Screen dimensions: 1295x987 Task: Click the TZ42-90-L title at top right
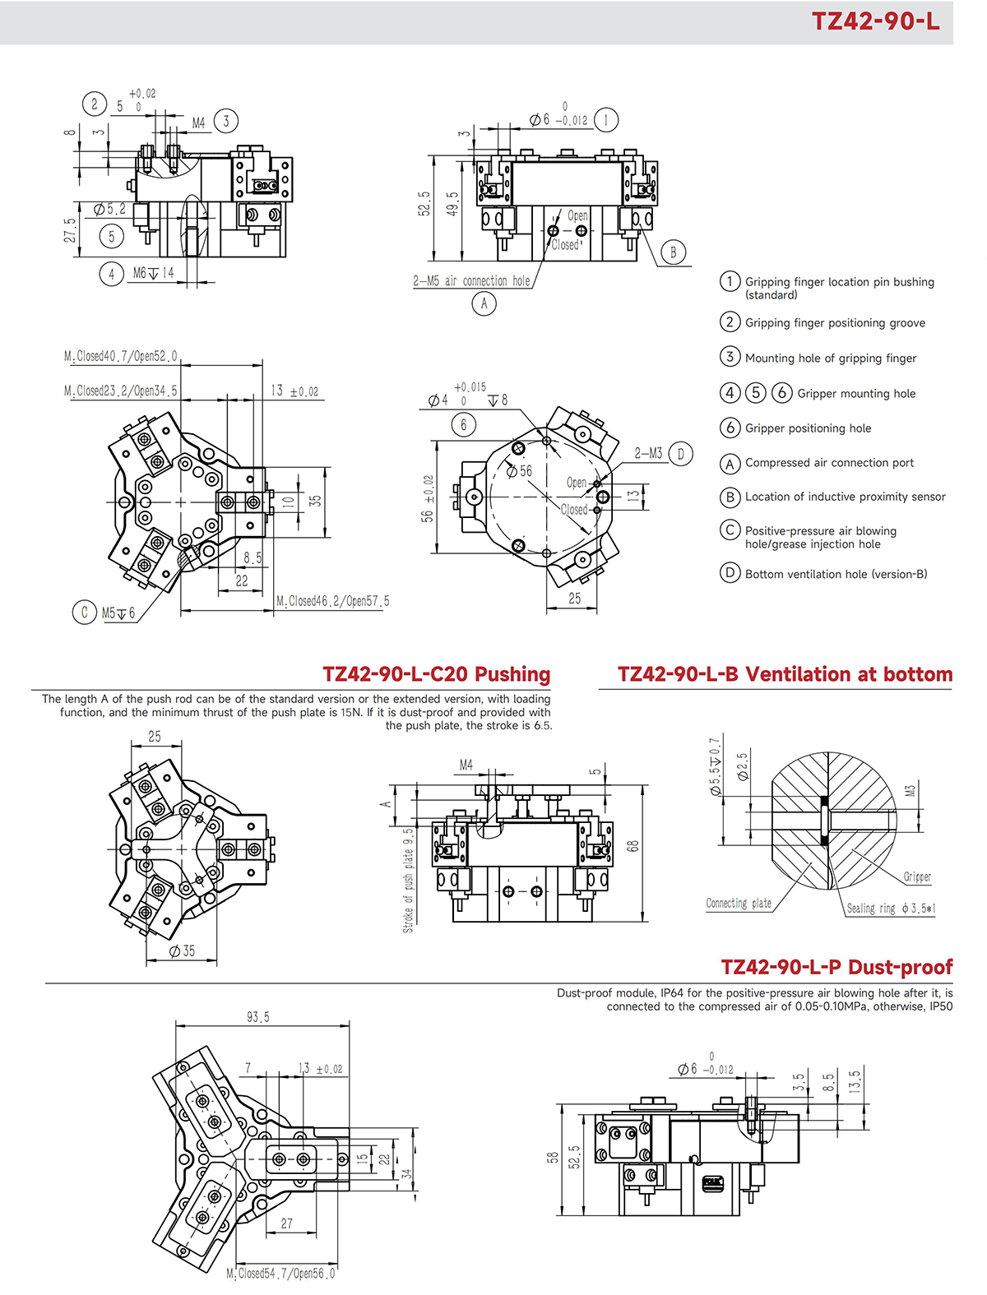click(875, 21)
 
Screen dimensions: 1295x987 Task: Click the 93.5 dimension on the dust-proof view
click(258, 1017)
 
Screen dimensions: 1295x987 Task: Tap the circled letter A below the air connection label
click(484, 304)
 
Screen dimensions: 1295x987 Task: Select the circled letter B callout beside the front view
click(673, 252)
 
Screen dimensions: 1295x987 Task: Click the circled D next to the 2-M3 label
click(680, 454)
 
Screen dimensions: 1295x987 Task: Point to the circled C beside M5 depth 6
click(84, 613)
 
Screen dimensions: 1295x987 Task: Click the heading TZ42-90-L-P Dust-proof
click(836, 967)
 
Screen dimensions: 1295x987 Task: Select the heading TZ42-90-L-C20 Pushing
click(437, 674)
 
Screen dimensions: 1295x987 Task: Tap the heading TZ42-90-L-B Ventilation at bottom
click(785, 674)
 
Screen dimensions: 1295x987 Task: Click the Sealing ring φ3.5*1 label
click(891, 909)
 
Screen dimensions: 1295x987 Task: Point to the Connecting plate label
click(739, 903)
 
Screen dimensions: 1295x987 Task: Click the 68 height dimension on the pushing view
click(633, 845)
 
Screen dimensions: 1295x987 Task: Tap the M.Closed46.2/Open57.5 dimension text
click(333, 601)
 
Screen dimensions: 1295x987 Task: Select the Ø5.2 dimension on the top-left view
click(109, 210)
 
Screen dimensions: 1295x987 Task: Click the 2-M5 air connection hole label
click(471, 281)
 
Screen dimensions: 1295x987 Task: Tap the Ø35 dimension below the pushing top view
click(182, 950)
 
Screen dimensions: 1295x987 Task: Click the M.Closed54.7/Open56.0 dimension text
click(281, 1274)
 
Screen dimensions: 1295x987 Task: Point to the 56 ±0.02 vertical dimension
click(428, 498)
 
